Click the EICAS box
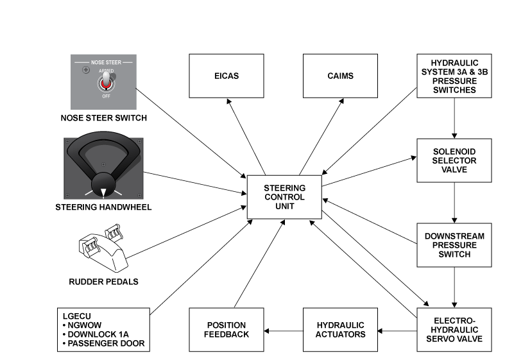[226, 76]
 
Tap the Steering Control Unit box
[284, 197]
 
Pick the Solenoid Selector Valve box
[454, 160]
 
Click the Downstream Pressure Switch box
[454, 245]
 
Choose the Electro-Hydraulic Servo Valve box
[454, 329]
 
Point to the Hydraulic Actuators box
[340, 329]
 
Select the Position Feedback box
[226, 329]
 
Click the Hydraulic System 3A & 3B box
[454, 76]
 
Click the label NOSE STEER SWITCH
[104, 118]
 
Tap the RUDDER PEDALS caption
[103, 281]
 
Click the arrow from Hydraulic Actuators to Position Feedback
[283, 330]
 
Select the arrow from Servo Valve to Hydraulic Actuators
[397, 330]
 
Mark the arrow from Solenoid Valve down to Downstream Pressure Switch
[454, 202]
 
